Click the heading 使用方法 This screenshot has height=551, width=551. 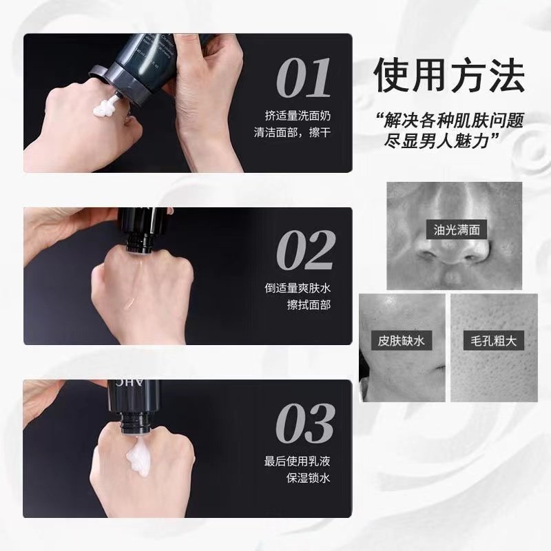tap(448, 76)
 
